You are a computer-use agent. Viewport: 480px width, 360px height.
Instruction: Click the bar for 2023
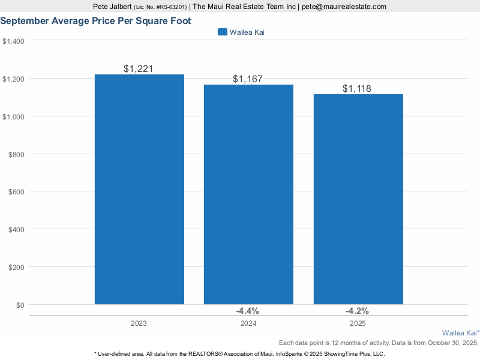pyautogui.click(x=139, y=189)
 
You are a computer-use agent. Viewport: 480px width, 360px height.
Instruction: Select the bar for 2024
pyautogui.click(x=248, y=194)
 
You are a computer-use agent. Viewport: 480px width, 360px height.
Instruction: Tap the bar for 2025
pyautogui.click(x=358, y=199)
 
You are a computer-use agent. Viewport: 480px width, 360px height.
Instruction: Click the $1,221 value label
pyautogui.click(x=139, y=68)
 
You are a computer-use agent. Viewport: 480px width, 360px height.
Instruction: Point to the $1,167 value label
pyautogui.click(x=248, y=79)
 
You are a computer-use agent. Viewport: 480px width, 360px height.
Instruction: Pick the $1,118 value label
pyautogui.click(x=357, y=89)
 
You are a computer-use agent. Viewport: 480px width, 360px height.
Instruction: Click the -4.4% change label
pyautogui.click(x=247, y=311)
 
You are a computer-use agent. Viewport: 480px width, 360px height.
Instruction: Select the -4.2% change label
pyautogui.click(x=357, y=311)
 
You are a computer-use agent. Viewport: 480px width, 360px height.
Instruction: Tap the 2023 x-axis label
pyautogui.click(x=139, y=323)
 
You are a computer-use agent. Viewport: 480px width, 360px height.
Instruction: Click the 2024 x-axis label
pyautogui.click(x=248, y=323)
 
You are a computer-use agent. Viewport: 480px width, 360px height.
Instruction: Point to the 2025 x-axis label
pyautogui.click(x=358, y=323)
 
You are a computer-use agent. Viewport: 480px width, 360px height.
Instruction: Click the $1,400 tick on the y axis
pyautogui.click(x=13, y=41)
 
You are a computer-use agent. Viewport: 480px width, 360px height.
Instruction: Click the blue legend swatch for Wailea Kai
pyautogui.click(x=222, y=32)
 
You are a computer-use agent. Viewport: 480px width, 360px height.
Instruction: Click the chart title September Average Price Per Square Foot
pyautogui.click(x=95, y=20)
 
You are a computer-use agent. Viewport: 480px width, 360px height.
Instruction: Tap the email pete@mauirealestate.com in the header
pyautogui.click(x=344, y=7)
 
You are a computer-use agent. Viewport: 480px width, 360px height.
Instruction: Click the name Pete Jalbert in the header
pyautogui.click(x=112, y=7)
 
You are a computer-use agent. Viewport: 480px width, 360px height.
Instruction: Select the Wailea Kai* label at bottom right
pyautogui.click(x=460, y=332)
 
